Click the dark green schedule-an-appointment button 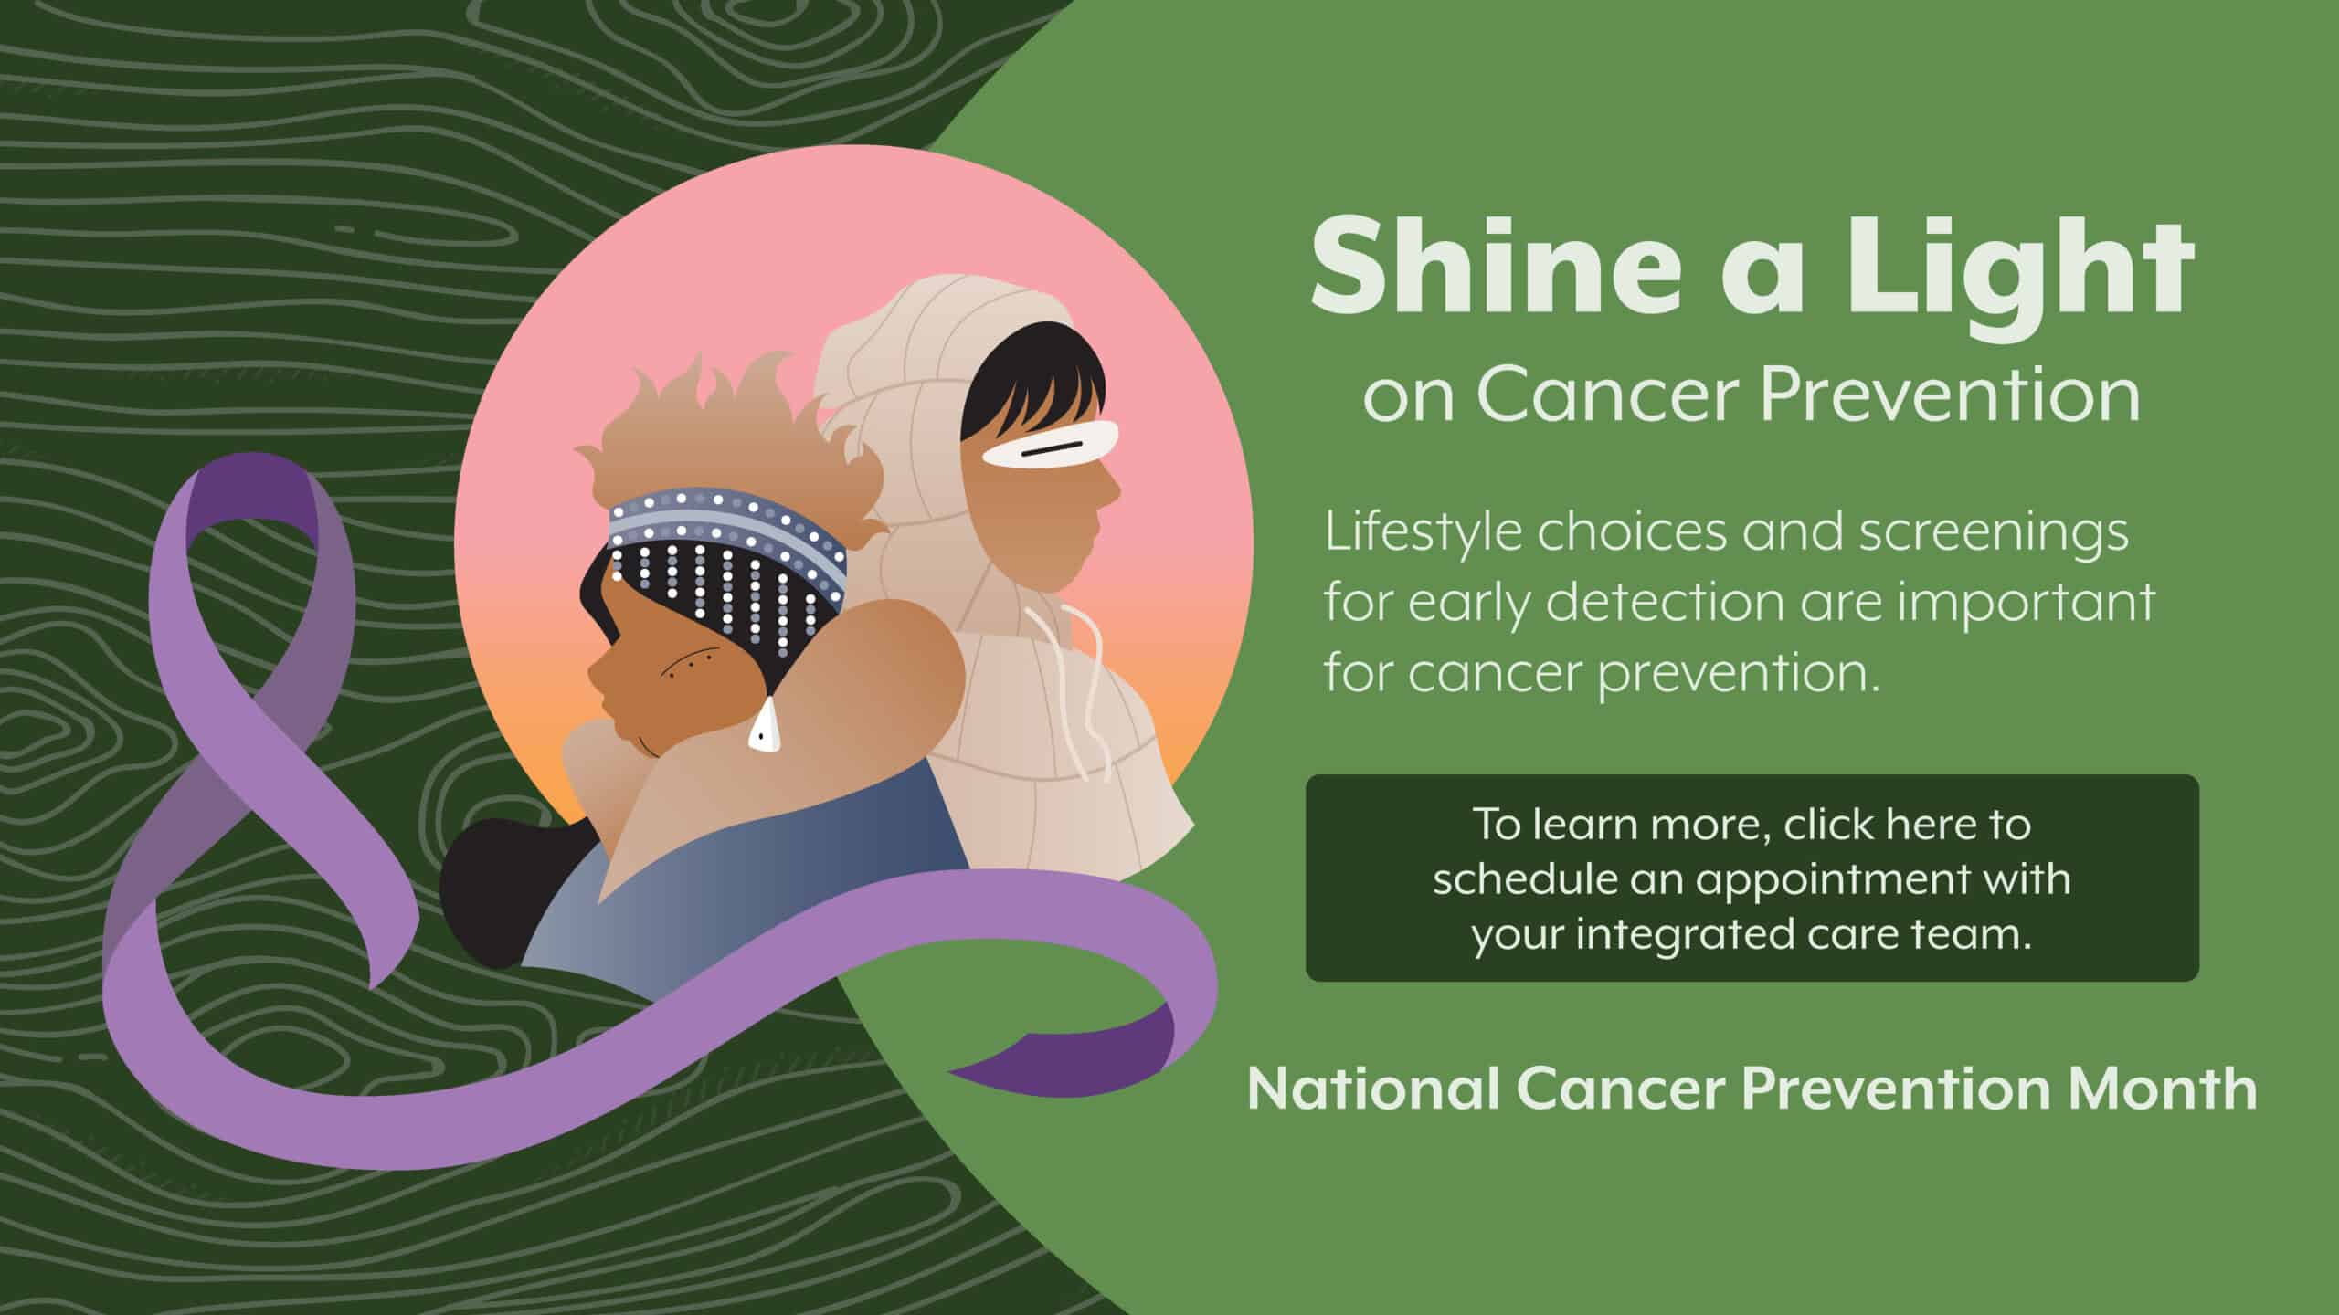1752,878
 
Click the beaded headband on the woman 727,539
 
